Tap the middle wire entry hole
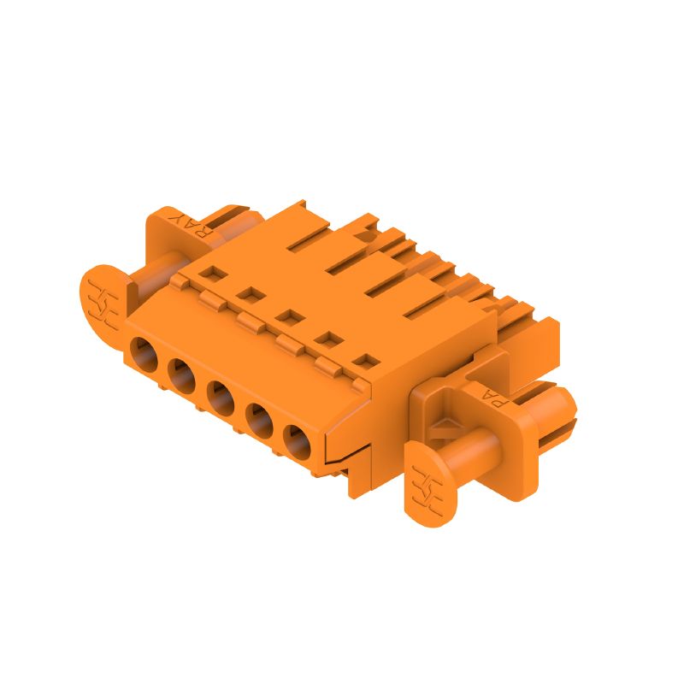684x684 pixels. pyautogui.click(x=220, y=396)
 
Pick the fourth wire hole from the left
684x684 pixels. pyautogui.click(x=259, y=419)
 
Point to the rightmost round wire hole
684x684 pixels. pyautogui.click(x=297, y=440)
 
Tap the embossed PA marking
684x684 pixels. pyautogui.click(x=496, y=395)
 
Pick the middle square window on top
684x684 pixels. pyautogui.click(x=288, y=318)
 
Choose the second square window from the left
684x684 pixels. pyautogui.click(x=250, y=296)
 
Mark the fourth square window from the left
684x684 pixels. pyautogui.click(x=326, y=339)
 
